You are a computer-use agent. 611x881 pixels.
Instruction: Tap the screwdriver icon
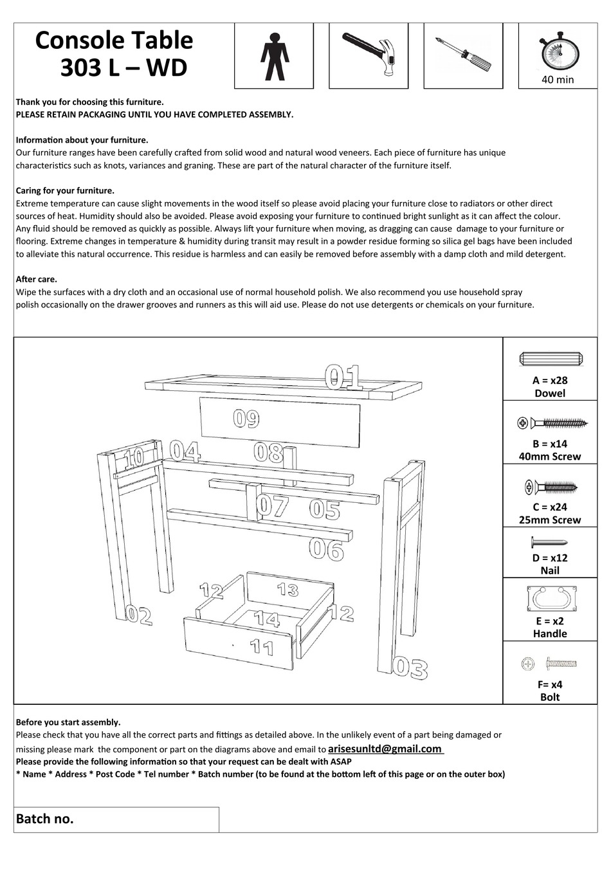(x=463, y=55)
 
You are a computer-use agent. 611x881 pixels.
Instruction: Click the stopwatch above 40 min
(x=557, y=51)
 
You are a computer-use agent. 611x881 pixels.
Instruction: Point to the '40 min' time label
(x=557, y=80)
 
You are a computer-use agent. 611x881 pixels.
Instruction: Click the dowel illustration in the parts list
(x=550, y=359)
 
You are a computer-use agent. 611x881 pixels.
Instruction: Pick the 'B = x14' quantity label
(x=550, y=444)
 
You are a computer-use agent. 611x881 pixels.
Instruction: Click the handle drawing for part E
(x=550, y=599)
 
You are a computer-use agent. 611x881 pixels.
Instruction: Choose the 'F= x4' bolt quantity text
(x=550, y=684)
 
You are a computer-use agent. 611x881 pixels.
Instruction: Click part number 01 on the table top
(x=344, y=377)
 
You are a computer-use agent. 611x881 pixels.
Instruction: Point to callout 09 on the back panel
(x=246, y=419)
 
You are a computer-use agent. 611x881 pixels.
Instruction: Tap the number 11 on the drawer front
(x=262, y=646)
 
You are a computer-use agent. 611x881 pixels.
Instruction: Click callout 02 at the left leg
(x=138, y=616)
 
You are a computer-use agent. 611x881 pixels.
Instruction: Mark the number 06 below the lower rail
(x=326, y=549)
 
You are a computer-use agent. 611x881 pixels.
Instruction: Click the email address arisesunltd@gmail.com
(x=385, y=749)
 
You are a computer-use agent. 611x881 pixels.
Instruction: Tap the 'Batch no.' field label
(x=45, y=819)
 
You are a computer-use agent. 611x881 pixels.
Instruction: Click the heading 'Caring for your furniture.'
(x=65, y=190)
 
